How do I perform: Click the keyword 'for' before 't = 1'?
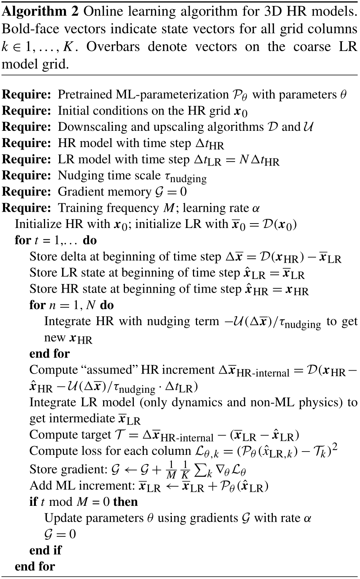(x=22, y=240)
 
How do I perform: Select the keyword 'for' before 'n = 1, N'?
(x=37, y=305)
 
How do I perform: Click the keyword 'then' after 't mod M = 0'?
(x=126, y=502)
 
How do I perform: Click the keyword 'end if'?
(x=45, y=550)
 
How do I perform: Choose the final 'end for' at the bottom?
(x=35, y=566)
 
